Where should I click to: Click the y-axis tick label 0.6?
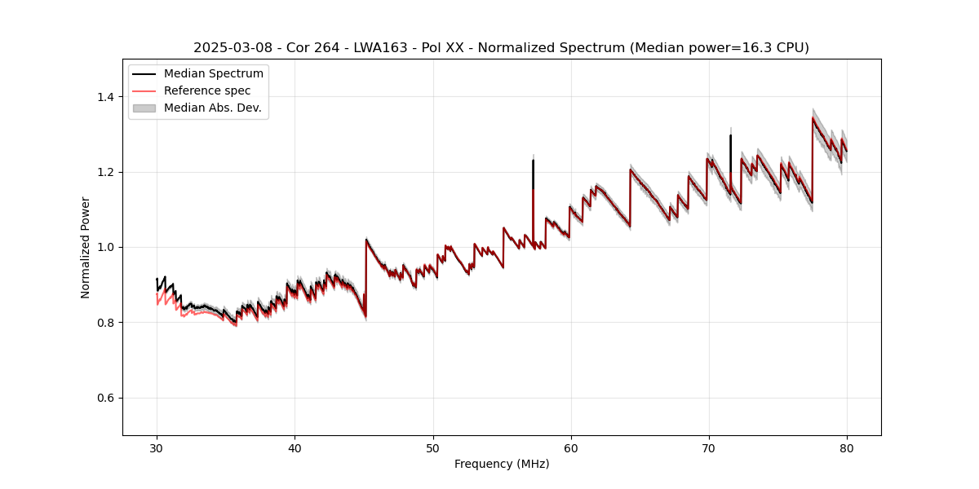[106, 398]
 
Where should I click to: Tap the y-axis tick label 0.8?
[106, 323]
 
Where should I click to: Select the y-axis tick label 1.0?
[106, 247]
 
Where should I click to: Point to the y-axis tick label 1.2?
[106, 172]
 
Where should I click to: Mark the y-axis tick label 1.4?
[106, 97]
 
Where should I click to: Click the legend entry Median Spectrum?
[213, 74]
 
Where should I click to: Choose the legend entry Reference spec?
[207, 90]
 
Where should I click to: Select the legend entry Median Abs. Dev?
[212, 108]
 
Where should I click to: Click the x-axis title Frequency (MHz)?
[502, 464]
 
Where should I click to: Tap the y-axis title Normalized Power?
[86, 247]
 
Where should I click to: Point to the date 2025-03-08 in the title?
[228, 48]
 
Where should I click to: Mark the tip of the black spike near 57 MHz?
[533, 161]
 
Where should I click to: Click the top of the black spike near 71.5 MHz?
[730, 136]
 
